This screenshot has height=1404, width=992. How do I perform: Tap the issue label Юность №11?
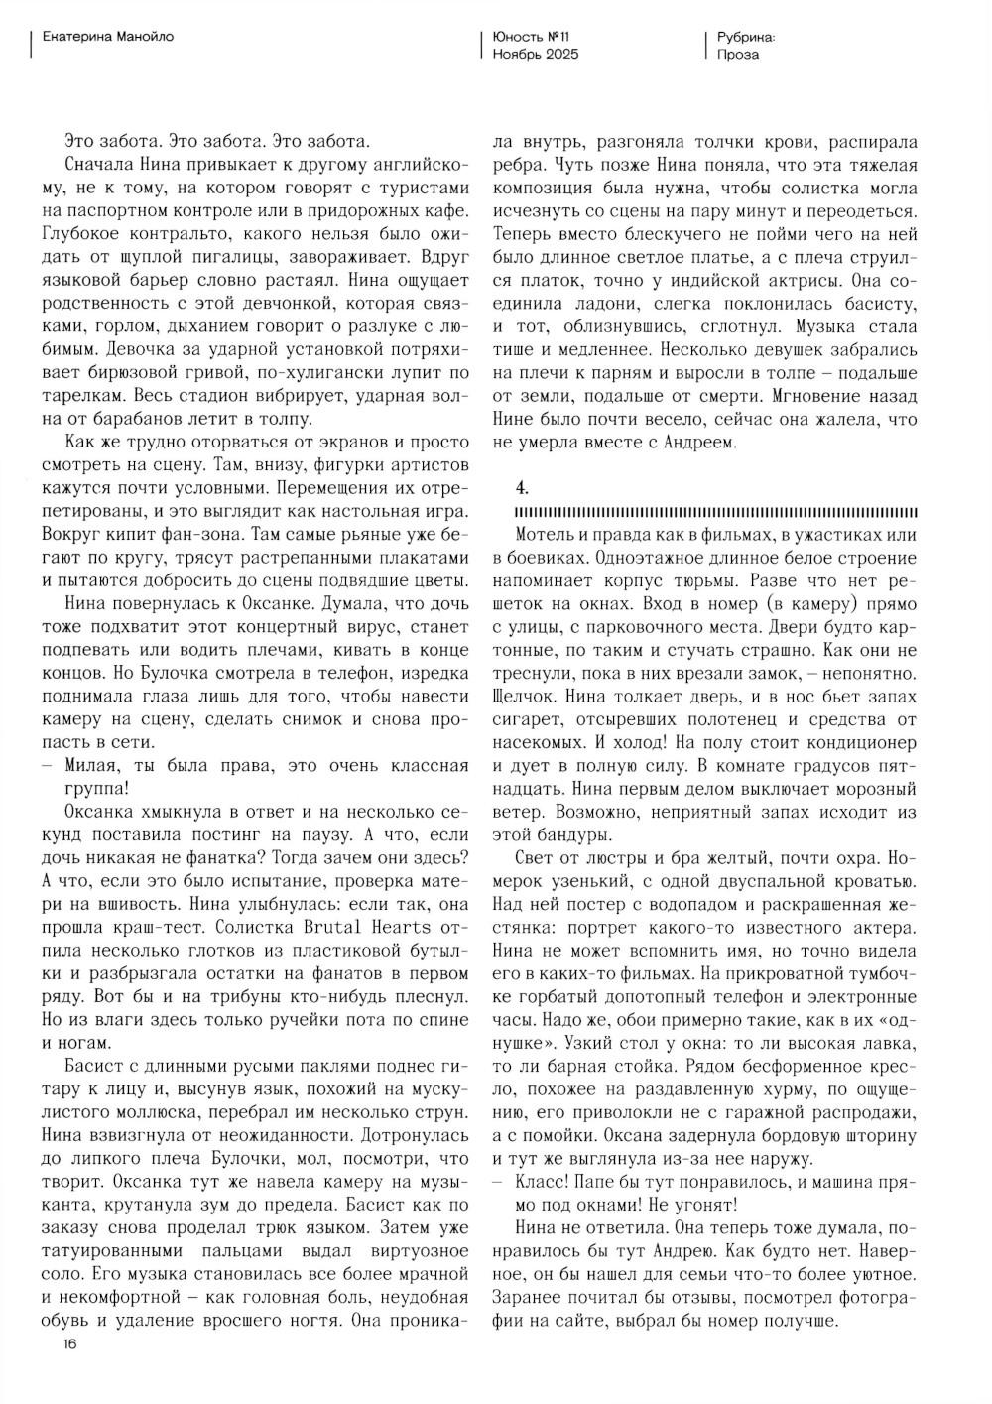tap(532, 37)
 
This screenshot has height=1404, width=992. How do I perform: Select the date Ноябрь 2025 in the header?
tap(536, 55)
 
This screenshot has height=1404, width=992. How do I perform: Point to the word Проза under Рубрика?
tap(738, 55)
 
